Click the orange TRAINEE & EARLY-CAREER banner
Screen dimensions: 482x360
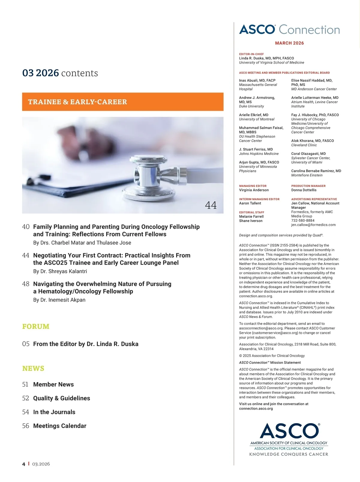coord(123,102)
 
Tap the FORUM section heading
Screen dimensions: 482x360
coord(36,327)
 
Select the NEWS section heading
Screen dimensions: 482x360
coord(33,369)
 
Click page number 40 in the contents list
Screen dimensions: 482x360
coord(26,227)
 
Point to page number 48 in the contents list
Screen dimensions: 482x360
coord(26,284)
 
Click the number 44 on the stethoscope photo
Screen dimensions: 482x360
coord(211,205)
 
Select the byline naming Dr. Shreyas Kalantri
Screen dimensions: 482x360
coord(60,271)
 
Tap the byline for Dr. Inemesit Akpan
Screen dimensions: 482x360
coord(59,300)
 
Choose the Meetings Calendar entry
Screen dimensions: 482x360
coord(60,426)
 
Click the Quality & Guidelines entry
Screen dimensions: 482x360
coord(61,398)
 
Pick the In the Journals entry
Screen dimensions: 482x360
coord(54,412)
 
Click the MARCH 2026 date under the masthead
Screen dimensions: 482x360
coord(289,43)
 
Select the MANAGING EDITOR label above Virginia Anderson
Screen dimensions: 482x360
coord(253,186)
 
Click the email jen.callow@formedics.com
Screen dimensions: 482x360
coord(313,225)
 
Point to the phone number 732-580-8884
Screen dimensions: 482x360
coord(303,221)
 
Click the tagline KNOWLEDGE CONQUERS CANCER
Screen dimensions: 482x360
coord(289,454)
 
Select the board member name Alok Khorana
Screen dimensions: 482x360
coord(312,141)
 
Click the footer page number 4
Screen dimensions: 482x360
coord(24,464)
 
